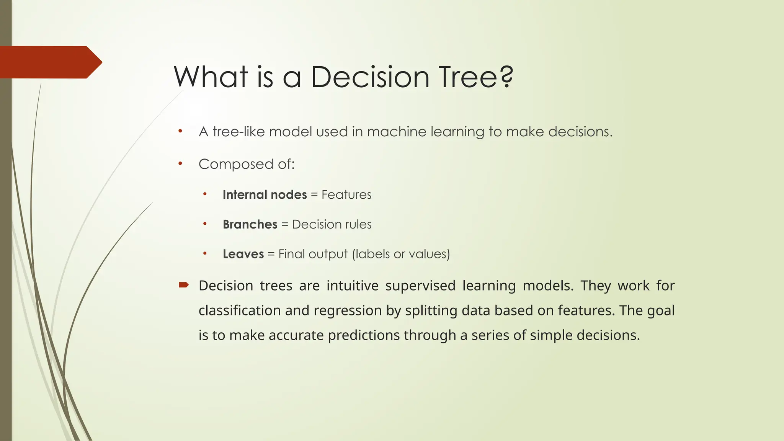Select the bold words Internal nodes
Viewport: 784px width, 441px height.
click(x=265, y=194)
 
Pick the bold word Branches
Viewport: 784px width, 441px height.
click(x=250, y=224)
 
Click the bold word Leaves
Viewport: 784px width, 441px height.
click(x=243, y=254)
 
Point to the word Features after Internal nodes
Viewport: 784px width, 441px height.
click(x=346, y=194)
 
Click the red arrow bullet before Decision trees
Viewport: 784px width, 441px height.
click(x=184, y=284)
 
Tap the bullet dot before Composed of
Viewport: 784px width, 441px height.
click(x=180, y=164)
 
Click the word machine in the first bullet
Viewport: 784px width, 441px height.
click(x=397, y=132)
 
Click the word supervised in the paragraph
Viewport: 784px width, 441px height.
click(x=420, y=286)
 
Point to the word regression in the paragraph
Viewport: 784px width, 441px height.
click(x=347, y=310)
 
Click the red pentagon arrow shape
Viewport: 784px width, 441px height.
click(x=50, y=62)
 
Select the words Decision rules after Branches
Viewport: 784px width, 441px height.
click(x=332, y=224)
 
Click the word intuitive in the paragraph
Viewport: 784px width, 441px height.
click(x=352, y=286)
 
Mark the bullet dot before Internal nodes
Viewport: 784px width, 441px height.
click(x=205, y=194)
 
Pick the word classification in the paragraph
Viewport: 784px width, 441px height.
click(x=240, y=310)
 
